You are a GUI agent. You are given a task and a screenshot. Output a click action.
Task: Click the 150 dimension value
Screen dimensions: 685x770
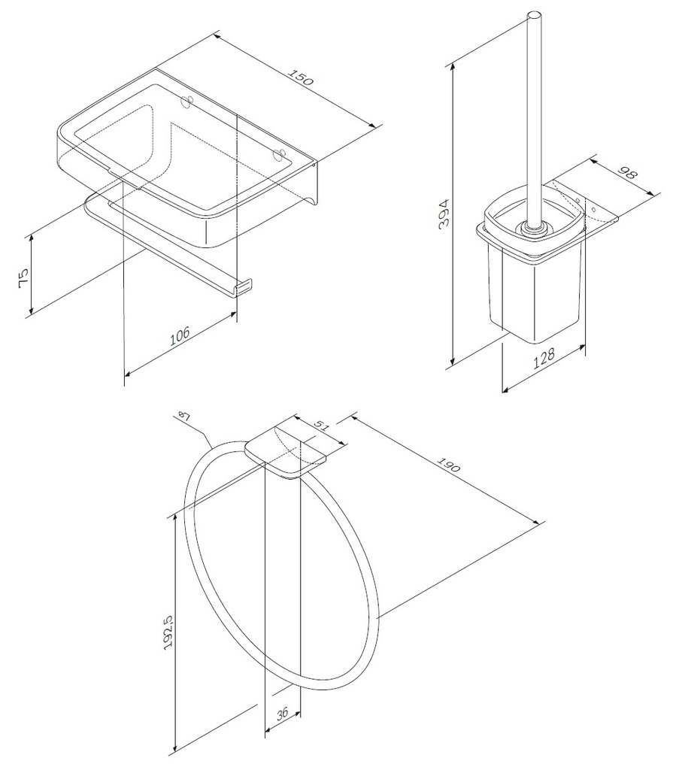tap(300, 77)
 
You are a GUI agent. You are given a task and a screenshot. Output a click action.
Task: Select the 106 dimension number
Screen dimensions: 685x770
tap(180, 336)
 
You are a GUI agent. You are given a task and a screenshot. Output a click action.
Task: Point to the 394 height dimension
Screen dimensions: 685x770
tap(444, 213)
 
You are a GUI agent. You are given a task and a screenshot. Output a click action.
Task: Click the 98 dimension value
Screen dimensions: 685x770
tap(626, 174)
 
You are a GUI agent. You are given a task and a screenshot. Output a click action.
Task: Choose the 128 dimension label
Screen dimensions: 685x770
tap(544, 357)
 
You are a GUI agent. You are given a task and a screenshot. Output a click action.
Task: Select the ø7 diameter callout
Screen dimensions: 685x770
tap(183, 417)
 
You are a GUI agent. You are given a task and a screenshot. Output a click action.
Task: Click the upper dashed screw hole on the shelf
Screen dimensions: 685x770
tap(187, 102)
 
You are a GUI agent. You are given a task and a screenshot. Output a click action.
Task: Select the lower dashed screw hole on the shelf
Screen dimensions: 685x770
tap(278, 155)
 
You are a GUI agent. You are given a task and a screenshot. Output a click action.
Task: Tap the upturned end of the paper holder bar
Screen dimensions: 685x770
tap(244, 287)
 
